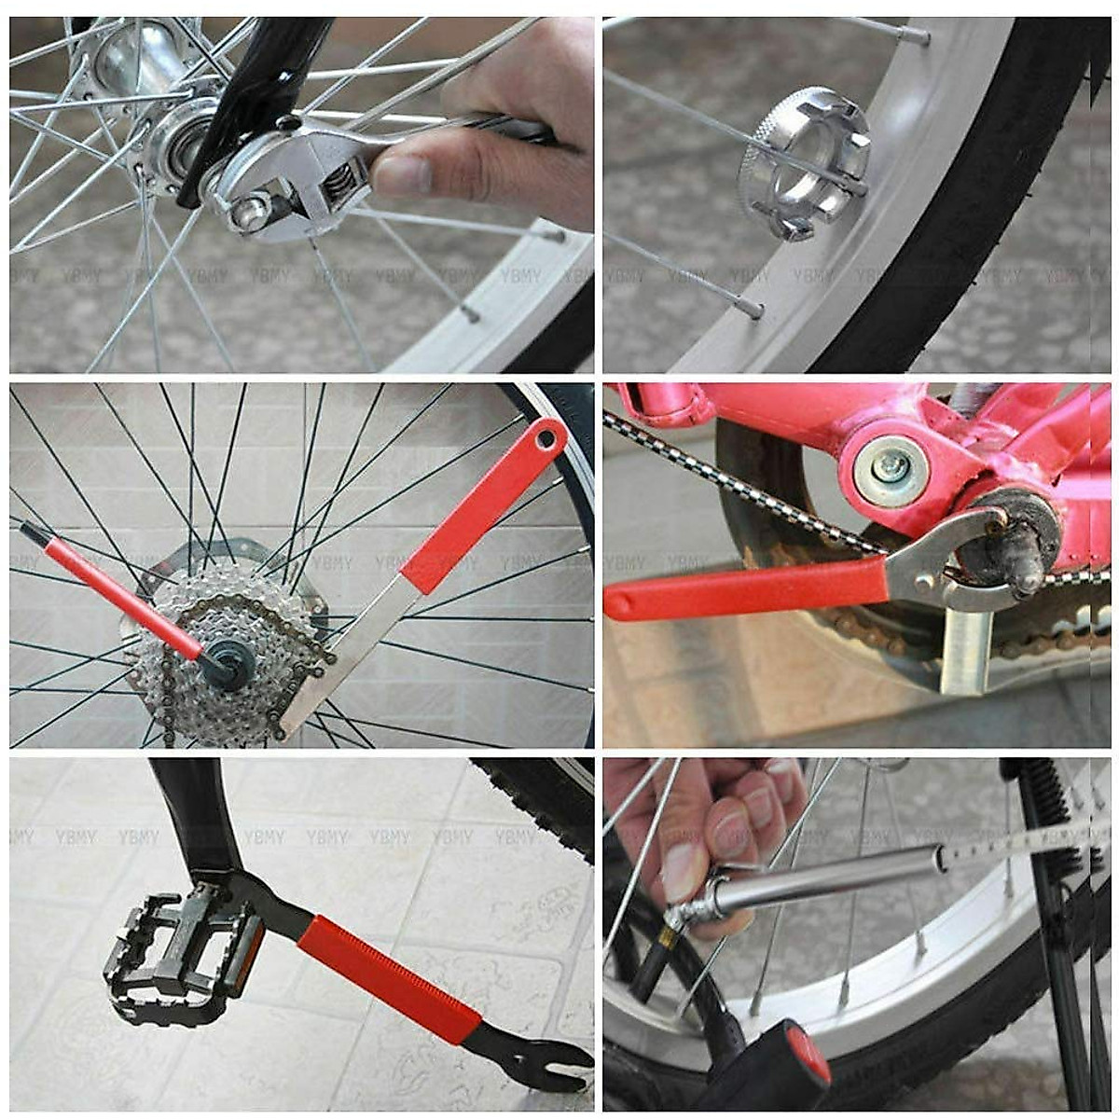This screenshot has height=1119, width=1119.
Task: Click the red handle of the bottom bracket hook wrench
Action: point(746,587)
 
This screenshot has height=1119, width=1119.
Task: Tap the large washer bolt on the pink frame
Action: point(891,471)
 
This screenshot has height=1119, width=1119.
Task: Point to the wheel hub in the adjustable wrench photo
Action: point(140,65)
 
